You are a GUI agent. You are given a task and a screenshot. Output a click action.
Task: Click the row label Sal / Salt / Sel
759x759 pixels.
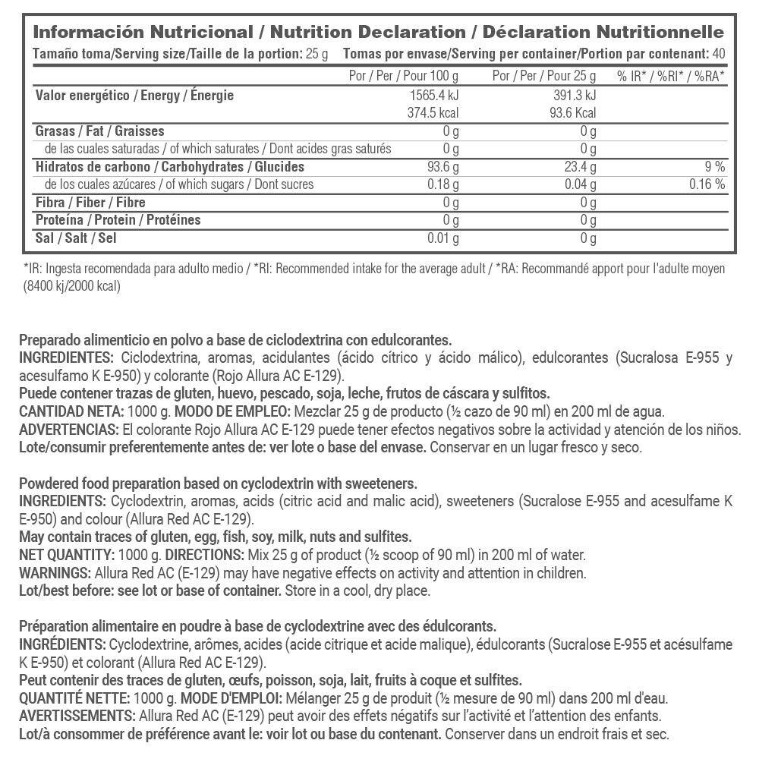point(77,238)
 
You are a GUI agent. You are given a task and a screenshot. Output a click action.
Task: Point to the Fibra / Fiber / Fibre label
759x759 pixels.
point(90,203)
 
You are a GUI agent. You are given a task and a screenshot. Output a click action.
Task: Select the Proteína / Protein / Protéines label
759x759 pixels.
point(118,220)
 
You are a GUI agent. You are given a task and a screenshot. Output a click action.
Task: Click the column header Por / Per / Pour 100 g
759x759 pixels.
point(403,76)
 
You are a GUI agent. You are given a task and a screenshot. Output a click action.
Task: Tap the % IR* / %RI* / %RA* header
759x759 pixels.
point(671,76)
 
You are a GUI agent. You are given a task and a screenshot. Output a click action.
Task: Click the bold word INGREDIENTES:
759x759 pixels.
point(66,358)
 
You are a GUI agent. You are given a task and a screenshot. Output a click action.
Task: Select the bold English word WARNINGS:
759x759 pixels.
point(52,573)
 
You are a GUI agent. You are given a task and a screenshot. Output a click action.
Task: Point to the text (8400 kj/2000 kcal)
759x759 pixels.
point(72,286)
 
